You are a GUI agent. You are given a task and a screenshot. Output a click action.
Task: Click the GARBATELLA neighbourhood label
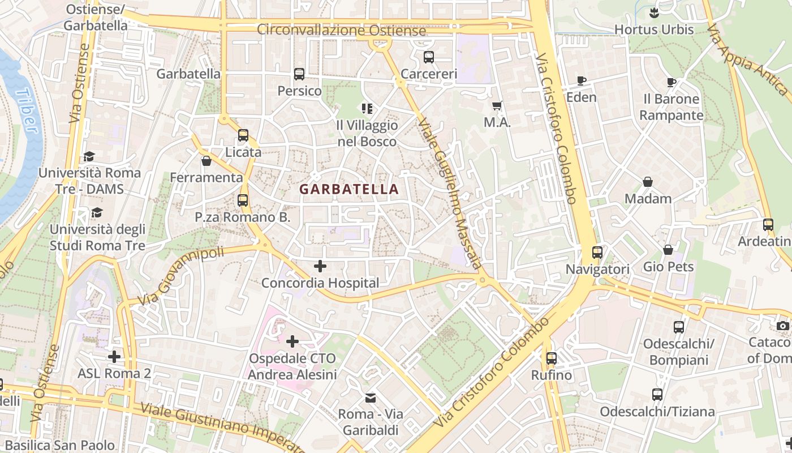pyautogui.click(x=349, y=189)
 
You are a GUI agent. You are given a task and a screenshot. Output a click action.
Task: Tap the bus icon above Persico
pyautogui.click(x=299, y=74)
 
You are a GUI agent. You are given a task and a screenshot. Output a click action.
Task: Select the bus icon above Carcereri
pyautogui.click(x=429, y=57)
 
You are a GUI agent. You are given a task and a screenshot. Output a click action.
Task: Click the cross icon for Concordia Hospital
pyautogui.click(x=320, y=266)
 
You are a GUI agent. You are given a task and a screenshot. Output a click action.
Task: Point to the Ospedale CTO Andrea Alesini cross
pyautogui.click(x=292, y=341)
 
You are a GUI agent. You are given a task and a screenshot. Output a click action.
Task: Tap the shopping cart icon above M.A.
pyautogui.click(x=497, y=105)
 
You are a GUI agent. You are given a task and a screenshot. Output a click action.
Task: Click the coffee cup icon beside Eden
pyautogui.click(x=582, y=80)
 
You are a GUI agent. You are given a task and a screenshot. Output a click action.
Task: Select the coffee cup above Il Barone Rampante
pyautogui.click(x=672, y=82)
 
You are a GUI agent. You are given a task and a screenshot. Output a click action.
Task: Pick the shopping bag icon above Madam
pyautogui.click(x=648, y=182)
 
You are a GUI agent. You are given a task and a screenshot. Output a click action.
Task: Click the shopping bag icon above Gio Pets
pyautogui.click(x=668, y=250)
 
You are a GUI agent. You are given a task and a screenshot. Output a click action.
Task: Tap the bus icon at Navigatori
pyautogui.click(x=597, y=253)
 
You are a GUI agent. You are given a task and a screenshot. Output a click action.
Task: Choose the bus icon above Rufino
pyautogui.click(x=552, y=358)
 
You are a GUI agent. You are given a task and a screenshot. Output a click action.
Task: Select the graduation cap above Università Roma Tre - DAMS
pyautogui.click(x=89, y=156)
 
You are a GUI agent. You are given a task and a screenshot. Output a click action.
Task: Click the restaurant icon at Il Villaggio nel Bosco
pyautogui.click(x=367, y=108)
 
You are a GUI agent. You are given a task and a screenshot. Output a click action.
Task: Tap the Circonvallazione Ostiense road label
pyautogui.click(x=341, y=31)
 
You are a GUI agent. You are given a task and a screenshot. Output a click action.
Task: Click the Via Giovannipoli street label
pyautogui.click(x=180, y=276)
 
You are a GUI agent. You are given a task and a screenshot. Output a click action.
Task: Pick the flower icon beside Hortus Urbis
pyautogui.click(x=654, y=12)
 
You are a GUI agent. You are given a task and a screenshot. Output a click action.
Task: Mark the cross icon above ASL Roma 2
pyautogui.click(x=114, y=357)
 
